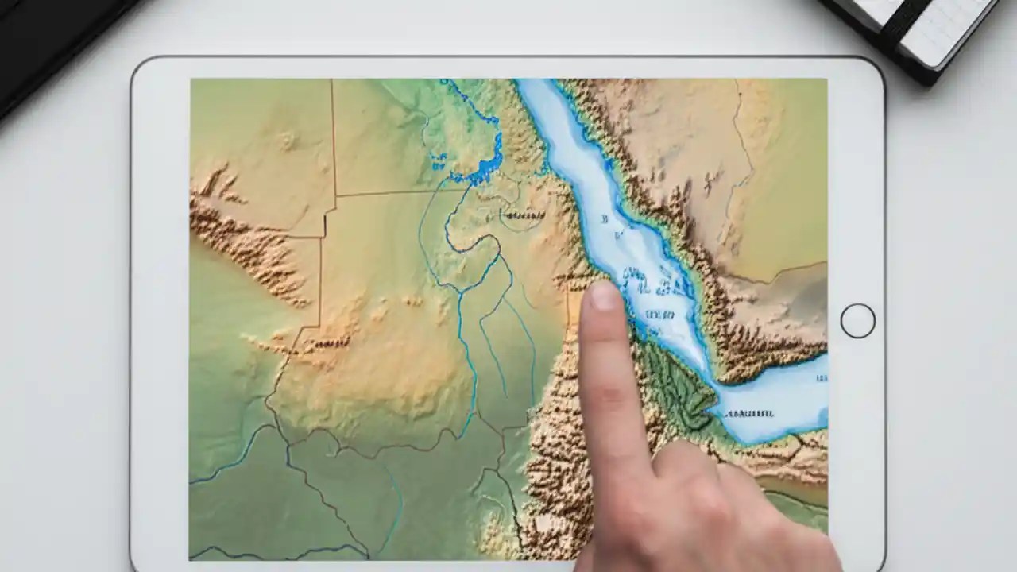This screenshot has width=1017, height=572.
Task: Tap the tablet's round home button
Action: (x=857, y=321)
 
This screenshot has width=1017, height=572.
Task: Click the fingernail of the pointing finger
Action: (x=602, y=296)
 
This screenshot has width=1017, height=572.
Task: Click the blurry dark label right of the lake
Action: (x=522, y=215)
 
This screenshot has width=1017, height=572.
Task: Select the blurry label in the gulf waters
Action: (x=749, y=413)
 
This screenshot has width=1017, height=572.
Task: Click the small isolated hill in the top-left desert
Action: (x=287, y=141)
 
